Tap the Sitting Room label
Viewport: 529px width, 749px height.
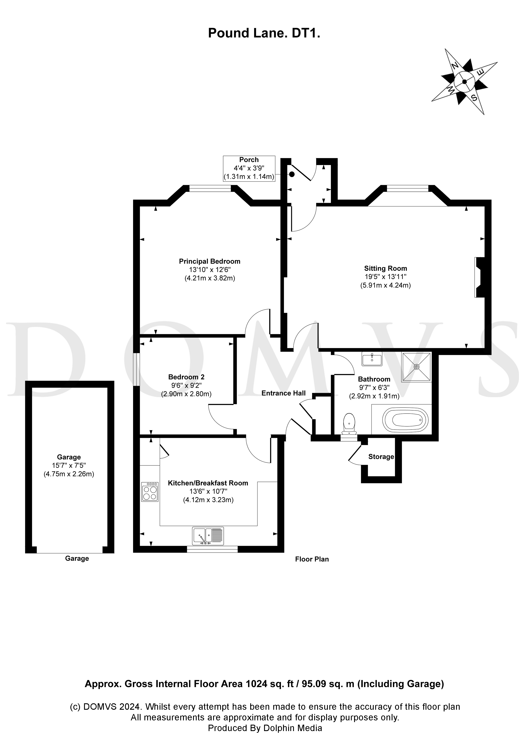(x=386, y=268)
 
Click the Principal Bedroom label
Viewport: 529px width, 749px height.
(x=210, y=261)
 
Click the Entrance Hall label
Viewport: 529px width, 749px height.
(x=283, y=393)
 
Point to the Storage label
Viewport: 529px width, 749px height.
(x=381, y=457)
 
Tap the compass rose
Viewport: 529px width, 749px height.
(x=464, y=82)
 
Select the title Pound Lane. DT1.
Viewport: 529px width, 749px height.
(x=264, y=33)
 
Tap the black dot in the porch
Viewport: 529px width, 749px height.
(x=292, y=174)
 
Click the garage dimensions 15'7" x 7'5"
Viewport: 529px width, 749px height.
(x=69, y=465)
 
